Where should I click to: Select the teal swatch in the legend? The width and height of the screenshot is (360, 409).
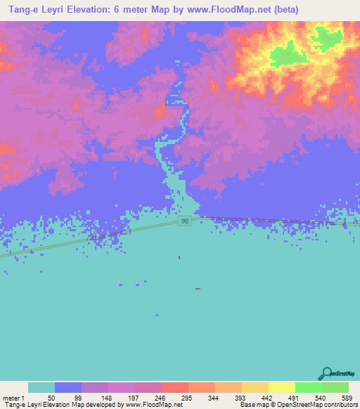[41, 387]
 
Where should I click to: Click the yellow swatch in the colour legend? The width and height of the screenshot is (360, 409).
[281, 387]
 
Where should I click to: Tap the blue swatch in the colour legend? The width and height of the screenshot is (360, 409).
[68, 387]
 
